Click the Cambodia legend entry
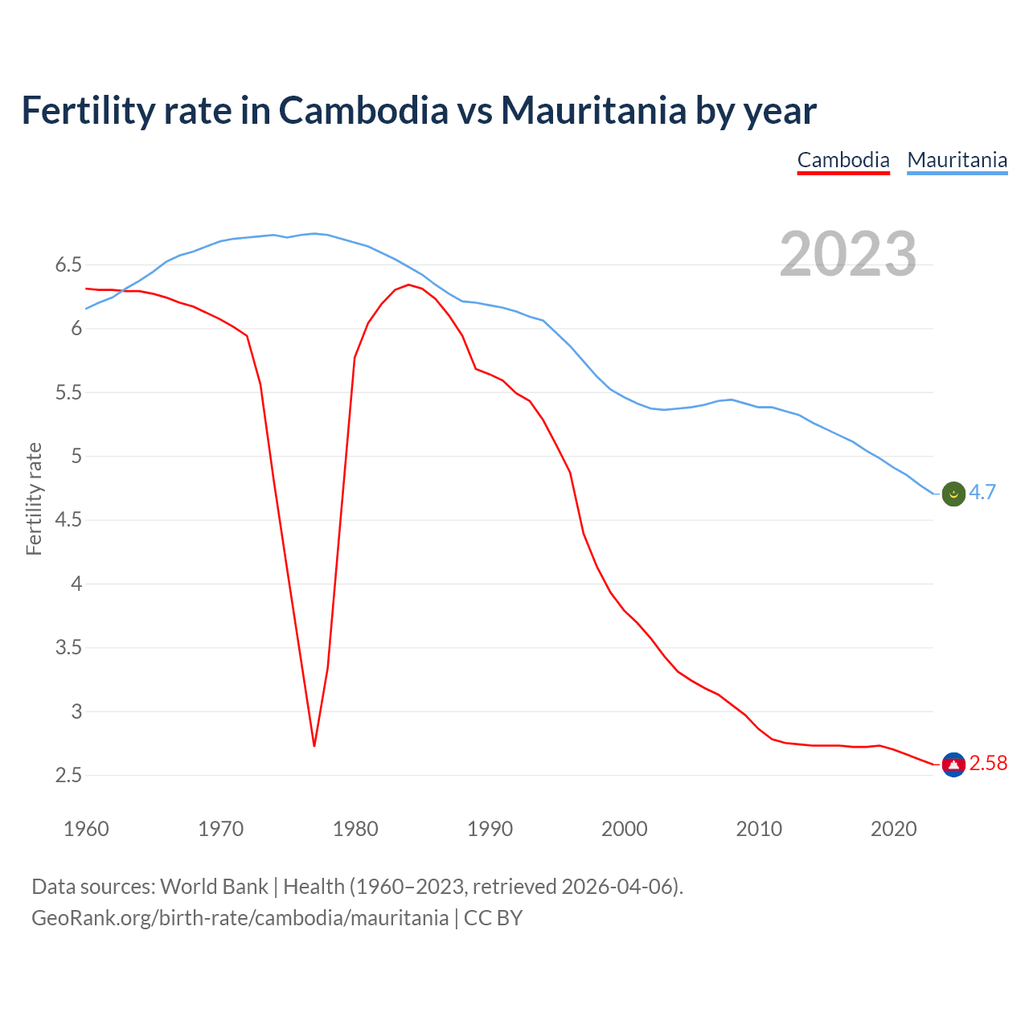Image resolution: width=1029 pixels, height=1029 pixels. click(x=843, y=160)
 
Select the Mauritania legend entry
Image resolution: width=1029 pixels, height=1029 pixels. click(x=957, y=160)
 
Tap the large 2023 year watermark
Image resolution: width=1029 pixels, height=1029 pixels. click(x=848, y=254)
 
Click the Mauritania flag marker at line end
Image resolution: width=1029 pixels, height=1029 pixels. click(x=953, y=494)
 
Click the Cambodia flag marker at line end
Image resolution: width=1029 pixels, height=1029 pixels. click(x=953, y=764)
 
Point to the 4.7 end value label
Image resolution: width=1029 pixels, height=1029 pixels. click(x=982, y=493)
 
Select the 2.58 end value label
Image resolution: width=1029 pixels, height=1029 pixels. click(x=988, y=764)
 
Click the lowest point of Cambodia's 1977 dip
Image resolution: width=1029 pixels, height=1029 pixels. click(x=314, y=745)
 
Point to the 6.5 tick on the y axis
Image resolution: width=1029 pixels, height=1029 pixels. click(x=68, y=265)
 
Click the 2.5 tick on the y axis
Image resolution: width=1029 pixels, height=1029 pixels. click(x=68, y=776)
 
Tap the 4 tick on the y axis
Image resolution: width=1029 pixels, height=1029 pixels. click(x=76, y=584)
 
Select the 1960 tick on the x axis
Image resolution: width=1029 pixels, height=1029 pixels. click(x=86, y=829)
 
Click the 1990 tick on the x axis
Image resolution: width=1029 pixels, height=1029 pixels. click(x=490, y=829)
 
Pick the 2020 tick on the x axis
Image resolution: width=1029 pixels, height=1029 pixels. click(x=893, y=829)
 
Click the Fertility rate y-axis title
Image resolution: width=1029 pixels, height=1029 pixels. click(x=34, y=498)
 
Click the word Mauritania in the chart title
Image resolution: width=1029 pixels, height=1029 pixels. click(x=593, y=110)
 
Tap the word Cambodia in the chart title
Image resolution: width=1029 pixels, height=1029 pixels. click(x=363, y=110)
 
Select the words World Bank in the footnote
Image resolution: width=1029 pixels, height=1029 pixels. click(x=214, y=887)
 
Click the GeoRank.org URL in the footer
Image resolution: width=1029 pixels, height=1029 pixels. click(x=240, y=918)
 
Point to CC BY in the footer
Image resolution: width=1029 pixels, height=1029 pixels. click(x=494, y=918)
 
